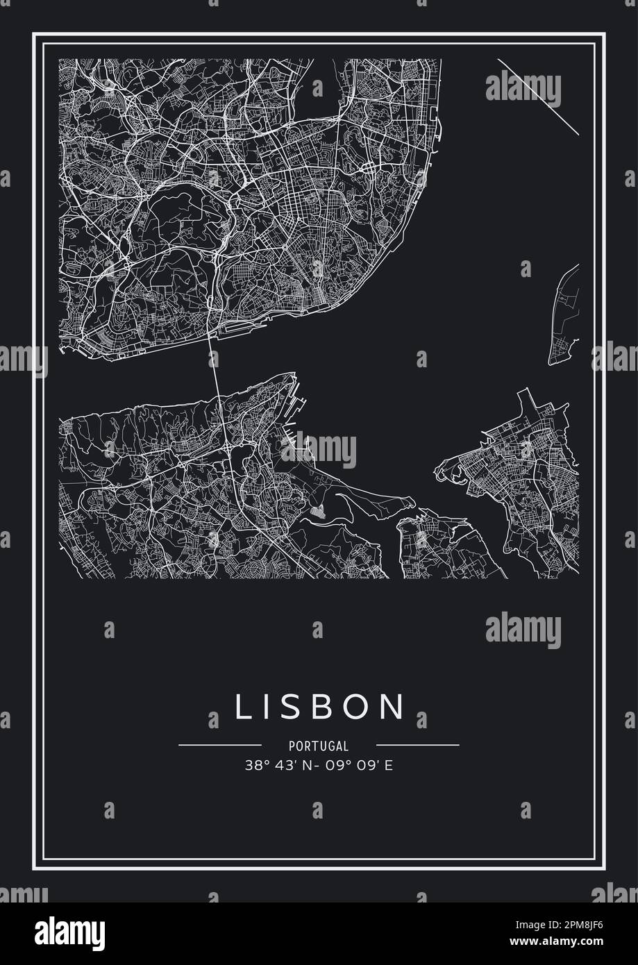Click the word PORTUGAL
(319, 746)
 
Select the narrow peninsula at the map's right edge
(564, 316)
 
